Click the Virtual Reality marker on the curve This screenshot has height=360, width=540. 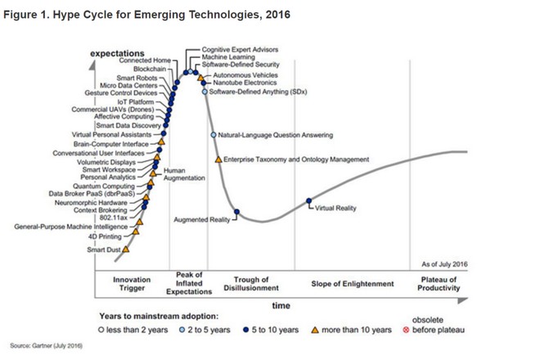pyautogui.click(x=309, y=201)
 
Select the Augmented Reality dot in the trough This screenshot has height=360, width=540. pyautogui.click(x=236, y=213)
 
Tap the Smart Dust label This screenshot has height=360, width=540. pyautogui.click(x=104, y=250)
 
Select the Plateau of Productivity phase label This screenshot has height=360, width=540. pyautogui.click(x=436, y=283)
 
